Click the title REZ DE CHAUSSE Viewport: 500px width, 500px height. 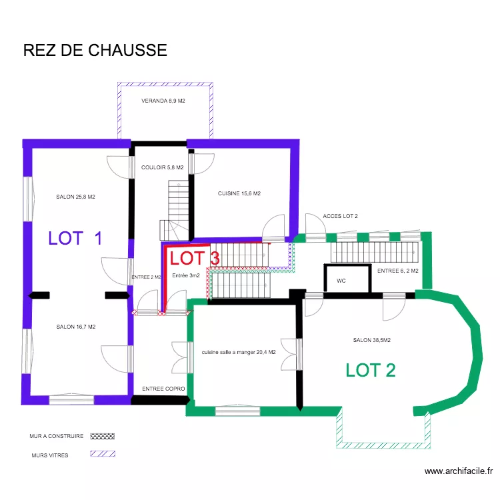coord(95,51)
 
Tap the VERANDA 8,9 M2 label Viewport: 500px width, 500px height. coord(163,101)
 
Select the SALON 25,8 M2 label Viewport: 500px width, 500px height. coord(76,197)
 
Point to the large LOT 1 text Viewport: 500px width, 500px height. coord(75,238)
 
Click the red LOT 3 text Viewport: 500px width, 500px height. coord(195,258)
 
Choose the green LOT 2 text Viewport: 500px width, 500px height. coord(371,370)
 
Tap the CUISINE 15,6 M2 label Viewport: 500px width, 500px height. coord(239,194)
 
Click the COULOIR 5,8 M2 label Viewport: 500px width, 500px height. coord(162,168)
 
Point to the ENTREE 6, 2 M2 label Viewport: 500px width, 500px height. coord(397,271)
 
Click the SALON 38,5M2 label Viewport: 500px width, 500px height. coord(371,340)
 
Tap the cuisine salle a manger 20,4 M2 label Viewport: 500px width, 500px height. coord(239,352)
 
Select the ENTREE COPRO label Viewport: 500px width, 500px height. coord(163,388)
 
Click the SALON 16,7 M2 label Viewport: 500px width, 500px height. coord(76,327)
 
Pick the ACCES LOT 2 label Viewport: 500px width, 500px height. coord(340,217)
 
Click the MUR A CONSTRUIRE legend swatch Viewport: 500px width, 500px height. coord(102,436)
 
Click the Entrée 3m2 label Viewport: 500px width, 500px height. coord(186,275)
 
